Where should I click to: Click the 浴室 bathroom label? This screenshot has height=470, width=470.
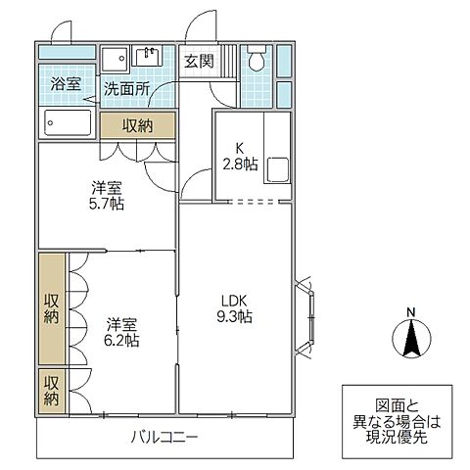67,85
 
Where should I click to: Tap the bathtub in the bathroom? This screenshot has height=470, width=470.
68,124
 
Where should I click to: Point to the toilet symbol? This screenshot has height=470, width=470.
257,59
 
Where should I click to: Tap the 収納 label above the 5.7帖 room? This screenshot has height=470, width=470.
137,125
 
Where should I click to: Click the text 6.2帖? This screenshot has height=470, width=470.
120,341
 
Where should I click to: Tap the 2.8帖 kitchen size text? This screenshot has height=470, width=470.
240,165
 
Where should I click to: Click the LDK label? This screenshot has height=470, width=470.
232,300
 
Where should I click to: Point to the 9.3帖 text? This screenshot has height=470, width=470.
232,318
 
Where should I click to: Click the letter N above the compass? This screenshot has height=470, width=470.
411,313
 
